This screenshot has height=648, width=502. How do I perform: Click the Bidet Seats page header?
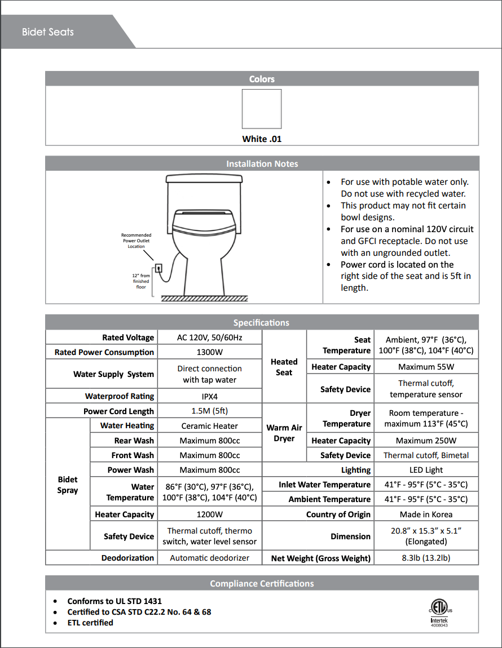(48, 32)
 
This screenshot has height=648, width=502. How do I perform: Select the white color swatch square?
(262, 109)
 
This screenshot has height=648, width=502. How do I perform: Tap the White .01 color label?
(262, 139)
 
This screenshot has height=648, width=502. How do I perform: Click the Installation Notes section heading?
(262, 164)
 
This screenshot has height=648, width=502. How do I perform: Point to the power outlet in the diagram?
(158, 269)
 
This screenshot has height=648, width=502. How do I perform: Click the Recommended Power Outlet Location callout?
(136, 241)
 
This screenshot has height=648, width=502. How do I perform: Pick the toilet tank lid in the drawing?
(204, 179)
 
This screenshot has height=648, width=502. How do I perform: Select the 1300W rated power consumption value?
(210, 352)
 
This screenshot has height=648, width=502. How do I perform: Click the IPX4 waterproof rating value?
(210, 396)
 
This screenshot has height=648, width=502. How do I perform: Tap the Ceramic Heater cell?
(210, 426)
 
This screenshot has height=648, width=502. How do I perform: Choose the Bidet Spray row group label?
(68, 485)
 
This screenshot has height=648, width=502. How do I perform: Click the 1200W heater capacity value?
(210, 514)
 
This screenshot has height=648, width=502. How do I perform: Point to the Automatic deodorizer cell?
(210, 558)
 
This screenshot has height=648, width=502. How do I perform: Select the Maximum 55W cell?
(426, 367)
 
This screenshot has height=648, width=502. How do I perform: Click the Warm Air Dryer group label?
(284, 433)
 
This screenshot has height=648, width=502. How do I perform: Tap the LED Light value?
(426, 470)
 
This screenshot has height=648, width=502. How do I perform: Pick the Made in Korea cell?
(426, 514)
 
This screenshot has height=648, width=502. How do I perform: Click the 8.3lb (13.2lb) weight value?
(426, 558)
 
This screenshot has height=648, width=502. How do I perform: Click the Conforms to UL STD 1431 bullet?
(115, 601)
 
